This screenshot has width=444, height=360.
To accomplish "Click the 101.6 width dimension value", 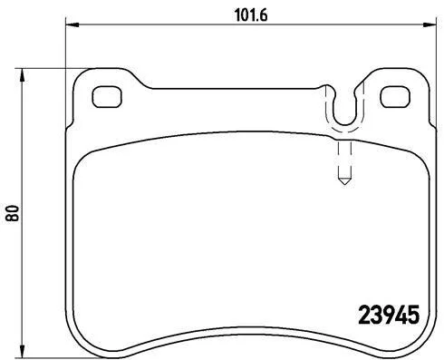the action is (251, 15).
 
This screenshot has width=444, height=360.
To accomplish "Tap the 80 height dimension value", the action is (13, 213).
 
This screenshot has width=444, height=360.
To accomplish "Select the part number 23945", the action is (389, 315).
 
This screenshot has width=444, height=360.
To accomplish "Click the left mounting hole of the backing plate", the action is (107, 97).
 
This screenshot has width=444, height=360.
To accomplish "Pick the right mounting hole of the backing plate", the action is (395, 97).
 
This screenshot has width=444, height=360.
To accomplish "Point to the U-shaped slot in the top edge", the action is (344, 123).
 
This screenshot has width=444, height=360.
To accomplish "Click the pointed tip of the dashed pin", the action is (344, 184).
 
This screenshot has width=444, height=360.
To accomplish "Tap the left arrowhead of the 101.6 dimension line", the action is (72, 24).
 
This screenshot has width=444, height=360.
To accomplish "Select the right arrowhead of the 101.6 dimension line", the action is (430, 24).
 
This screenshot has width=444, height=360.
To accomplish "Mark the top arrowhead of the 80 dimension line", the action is (22, 74).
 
